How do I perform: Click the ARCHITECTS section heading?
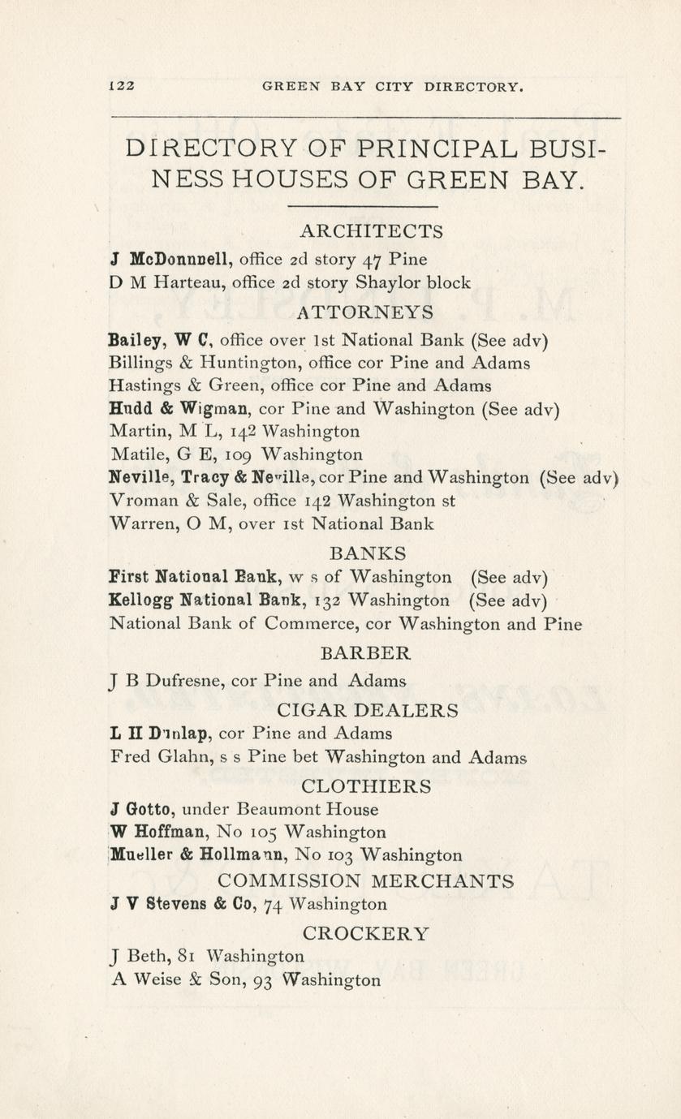click(x=371, y=231)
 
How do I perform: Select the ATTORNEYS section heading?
click(x=365, y=312)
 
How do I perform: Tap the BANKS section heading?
click(x=368, y=553)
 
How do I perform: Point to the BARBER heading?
click(x=366, y=652)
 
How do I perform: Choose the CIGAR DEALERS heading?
click(x=368, y=710)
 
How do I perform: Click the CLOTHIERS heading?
click(x=366, y=785)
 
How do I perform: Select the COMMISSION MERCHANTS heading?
click(x=366, y=881)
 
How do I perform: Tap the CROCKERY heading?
click(x=366, y=933)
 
